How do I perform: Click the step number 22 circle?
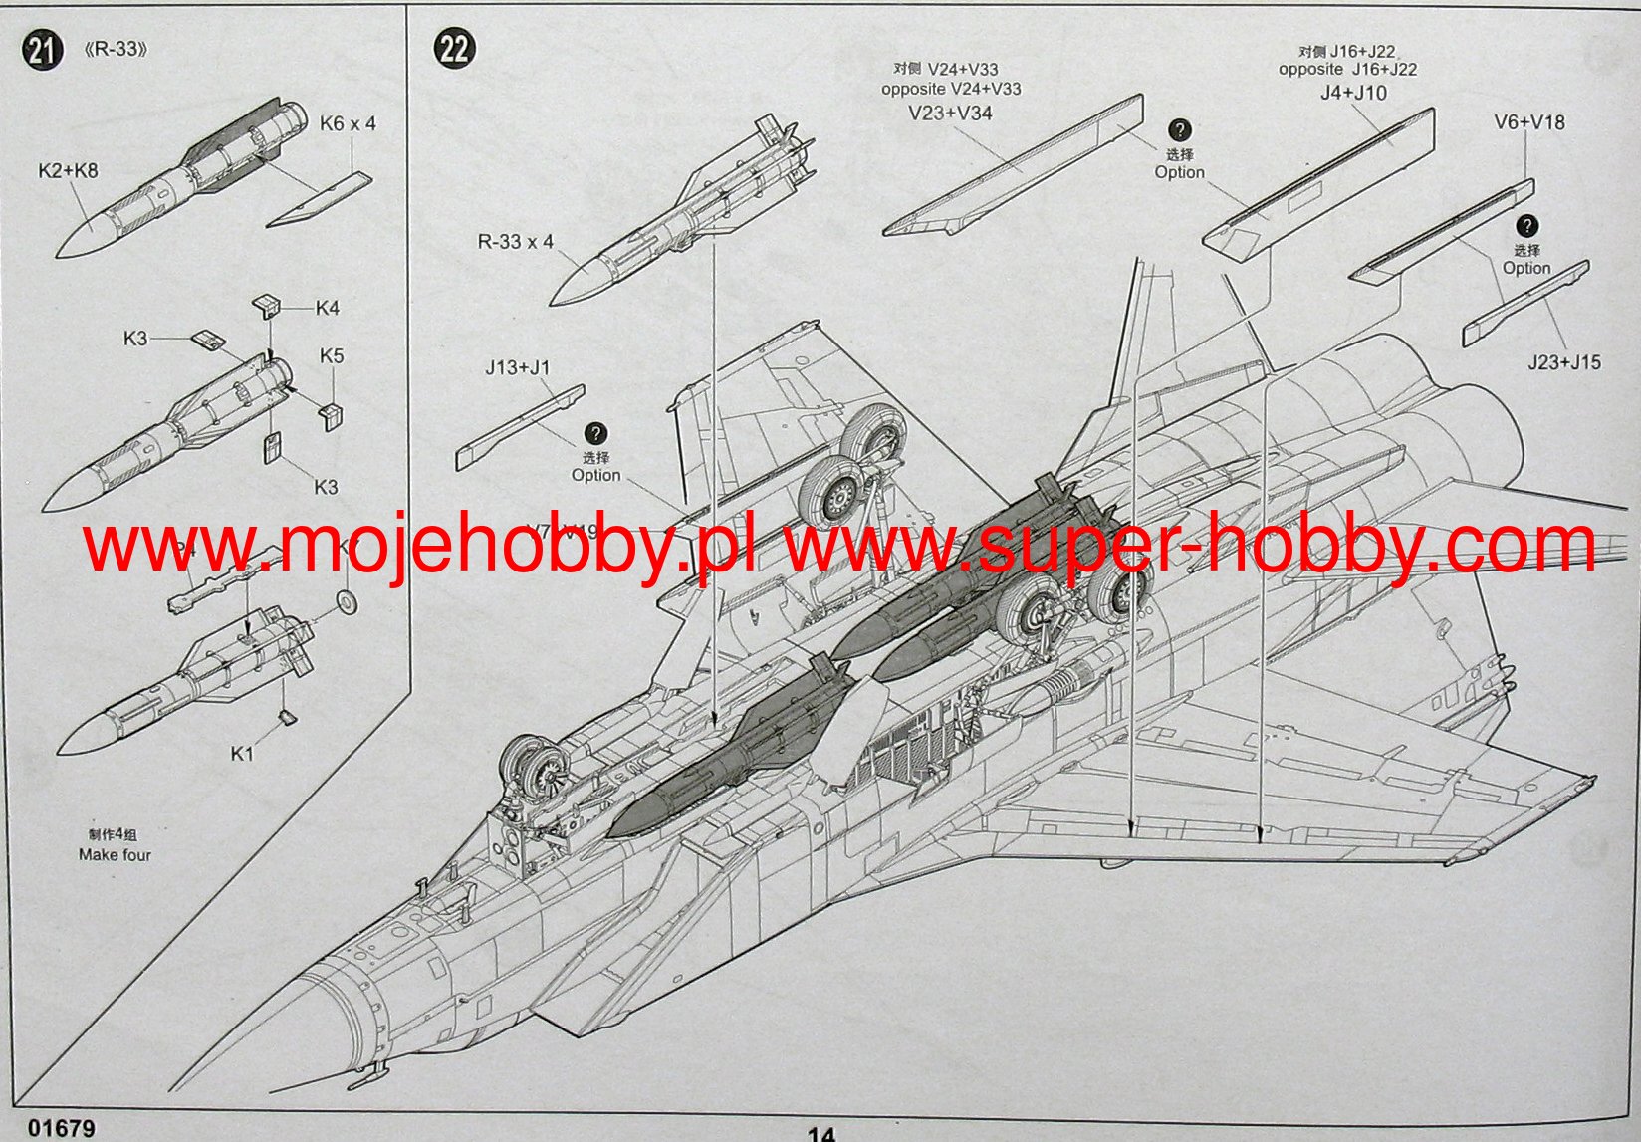point(454,48)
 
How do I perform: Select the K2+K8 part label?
point(68,170)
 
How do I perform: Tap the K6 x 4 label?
point(348,124)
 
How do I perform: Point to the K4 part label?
point(328,309)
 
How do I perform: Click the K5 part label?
point(332,356)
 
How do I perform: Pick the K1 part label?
point(242,754)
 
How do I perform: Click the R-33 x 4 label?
point(515,242)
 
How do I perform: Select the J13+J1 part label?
point(518,368)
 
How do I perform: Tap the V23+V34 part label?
point(950,114)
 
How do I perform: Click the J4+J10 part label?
point(1353,94)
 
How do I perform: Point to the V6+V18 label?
point(1528,123)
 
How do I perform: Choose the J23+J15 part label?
point(1564,363)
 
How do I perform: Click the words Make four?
point(115,855)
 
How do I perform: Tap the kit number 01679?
point(62,1129)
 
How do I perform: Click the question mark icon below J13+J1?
point(595,434)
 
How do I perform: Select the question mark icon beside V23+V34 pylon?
point(1179,130)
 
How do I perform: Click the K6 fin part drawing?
point(320,198)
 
